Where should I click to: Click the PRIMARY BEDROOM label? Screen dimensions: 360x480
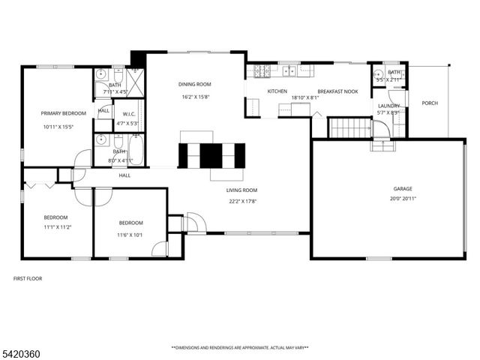tap(63, 113)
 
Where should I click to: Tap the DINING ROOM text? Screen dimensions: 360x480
tap(194, 84)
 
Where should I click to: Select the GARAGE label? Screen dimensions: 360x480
tap(403, 189)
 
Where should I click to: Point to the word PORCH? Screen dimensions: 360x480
tap(429, 103)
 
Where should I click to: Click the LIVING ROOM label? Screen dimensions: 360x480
tap(241, 190)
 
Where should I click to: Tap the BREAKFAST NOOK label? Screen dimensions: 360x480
tap(337, 91)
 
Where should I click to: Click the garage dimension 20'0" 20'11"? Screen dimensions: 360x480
tap(403, 199)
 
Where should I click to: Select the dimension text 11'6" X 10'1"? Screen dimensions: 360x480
tap(130, 235)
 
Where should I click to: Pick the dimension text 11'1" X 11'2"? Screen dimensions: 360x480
tap(56, 227)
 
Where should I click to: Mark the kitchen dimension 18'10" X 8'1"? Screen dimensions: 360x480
tap(304, 97)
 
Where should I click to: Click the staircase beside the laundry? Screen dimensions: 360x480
tap(349, 128)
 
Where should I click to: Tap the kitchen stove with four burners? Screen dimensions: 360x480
tap(260, 71)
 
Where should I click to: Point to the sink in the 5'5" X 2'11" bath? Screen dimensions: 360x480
tap(379, 74)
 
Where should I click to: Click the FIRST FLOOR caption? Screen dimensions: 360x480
tap(28, 278)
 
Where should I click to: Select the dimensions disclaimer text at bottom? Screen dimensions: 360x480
tap(240, 347)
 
